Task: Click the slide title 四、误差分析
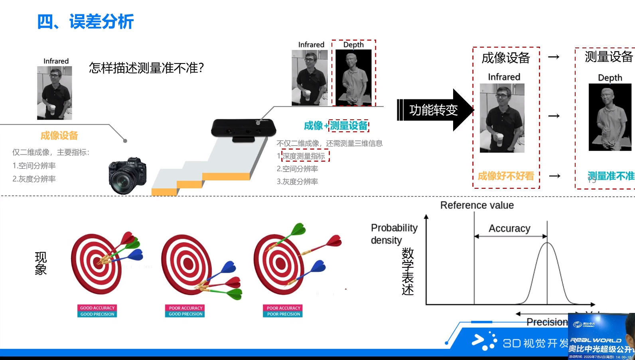[85, 22]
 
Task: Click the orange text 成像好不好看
[506, 176]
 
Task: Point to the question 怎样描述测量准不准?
[146, 68]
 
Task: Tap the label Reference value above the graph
[477, 205]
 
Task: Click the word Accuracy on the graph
[509, 228]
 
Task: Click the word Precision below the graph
[546, 322]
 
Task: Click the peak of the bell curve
[547, 243]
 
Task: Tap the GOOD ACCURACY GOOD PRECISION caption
[97, 311]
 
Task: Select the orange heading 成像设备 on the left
[59, 136]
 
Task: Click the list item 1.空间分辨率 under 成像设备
[34, 166]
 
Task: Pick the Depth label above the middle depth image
[353, 45]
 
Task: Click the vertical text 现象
[41, 263]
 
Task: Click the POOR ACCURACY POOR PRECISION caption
[283, 311]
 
